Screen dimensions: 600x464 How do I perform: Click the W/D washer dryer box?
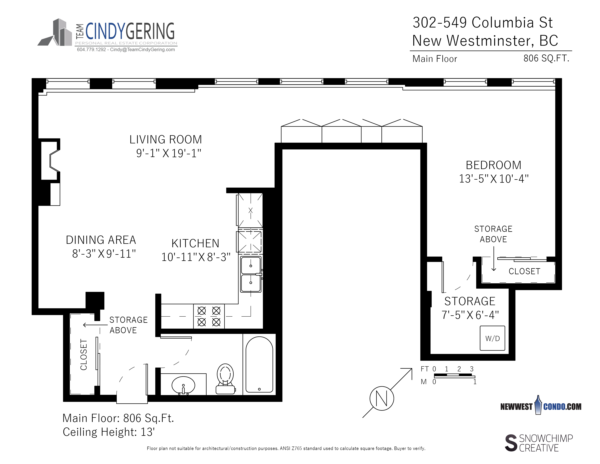pos(492,338)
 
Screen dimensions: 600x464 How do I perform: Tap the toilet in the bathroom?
pos(225,379)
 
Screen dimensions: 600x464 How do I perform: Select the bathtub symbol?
pos(259,364)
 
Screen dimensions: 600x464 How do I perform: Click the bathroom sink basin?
pos(183,385)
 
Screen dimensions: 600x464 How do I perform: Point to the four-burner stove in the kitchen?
pos(209,316)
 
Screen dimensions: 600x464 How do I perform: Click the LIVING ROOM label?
pos(166,139)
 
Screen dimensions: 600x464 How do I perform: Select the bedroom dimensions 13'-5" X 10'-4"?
pos(494,179)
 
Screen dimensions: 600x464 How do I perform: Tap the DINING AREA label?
pos(101,240)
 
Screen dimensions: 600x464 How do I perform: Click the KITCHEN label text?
pos(195,243)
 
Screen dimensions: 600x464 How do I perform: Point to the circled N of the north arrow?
pos(382,398)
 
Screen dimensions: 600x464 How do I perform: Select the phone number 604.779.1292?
pos(91,49)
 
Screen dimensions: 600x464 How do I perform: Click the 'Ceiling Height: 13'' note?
pos(109,432)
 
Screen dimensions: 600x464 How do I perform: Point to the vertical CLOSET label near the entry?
pos(83,355)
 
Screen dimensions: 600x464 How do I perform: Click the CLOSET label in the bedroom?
pos(524,271)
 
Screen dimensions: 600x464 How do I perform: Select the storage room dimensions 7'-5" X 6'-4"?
pos(470,315)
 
